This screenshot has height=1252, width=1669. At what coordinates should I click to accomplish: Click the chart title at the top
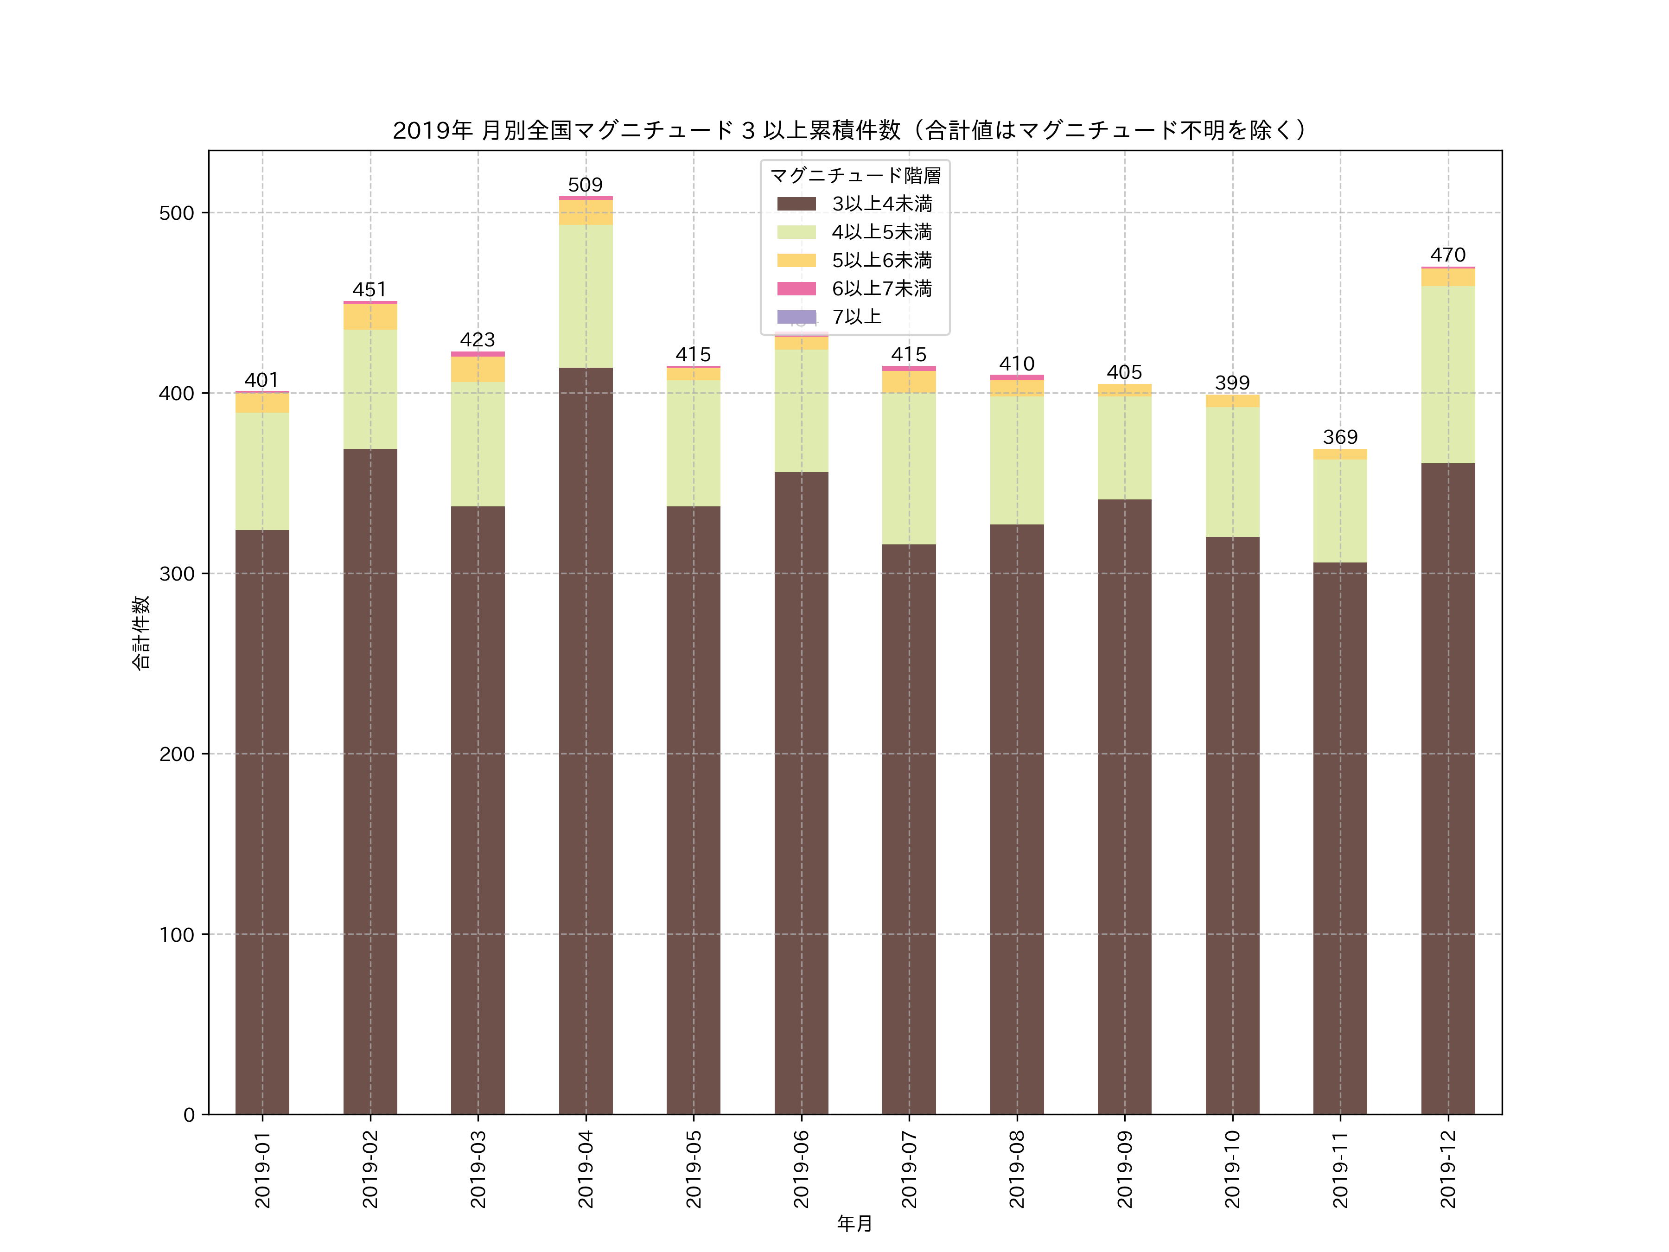850,131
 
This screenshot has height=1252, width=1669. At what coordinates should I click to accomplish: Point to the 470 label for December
1447,255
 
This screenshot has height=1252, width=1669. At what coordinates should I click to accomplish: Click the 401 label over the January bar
262,380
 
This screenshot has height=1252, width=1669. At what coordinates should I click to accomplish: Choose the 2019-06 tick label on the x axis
801,1168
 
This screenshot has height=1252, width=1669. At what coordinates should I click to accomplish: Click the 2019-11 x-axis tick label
1340,1168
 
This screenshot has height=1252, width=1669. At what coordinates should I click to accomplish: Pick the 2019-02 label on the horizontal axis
369,1168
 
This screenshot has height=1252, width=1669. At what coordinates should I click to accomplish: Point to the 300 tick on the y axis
177,574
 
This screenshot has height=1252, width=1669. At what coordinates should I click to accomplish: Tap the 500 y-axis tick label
177,213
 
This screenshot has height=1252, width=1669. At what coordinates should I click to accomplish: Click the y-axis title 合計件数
141,632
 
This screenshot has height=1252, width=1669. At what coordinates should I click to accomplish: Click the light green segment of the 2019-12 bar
1447,374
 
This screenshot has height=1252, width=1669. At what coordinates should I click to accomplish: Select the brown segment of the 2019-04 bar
586,740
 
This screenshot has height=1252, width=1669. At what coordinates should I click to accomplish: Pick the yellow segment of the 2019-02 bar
369,317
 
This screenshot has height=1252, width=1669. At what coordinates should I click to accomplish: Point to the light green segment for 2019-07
908,468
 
